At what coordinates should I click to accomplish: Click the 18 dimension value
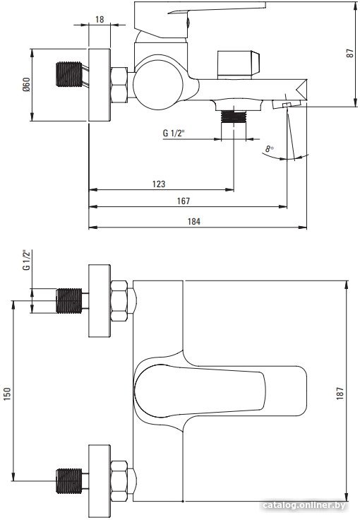(x=100, y=19)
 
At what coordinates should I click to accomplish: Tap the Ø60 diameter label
(x=26, y=84)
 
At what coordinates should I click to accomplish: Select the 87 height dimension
(x=350, y=54)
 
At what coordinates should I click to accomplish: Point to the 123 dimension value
(x=159, y=184)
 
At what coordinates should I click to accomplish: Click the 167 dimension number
(x=184, y=201)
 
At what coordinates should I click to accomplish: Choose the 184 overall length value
(x=194, y=221)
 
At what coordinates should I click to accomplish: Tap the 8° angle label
(x=269, y=148)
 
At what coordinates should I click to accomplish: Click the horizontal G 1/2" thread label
(x=174, y=134)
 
